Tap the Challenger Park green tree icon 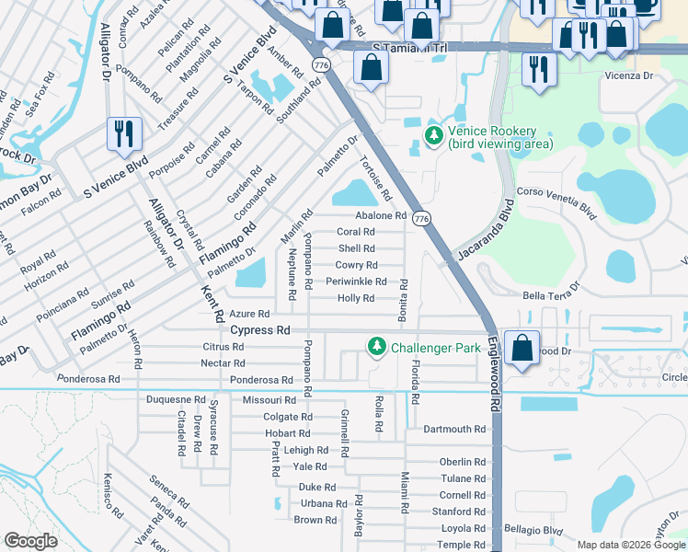376,347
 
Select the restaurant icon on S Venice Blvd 122,134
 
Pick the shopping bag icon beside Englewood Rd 522,349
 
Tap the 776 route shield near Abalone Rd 421,218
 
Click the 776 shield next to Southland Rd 321,65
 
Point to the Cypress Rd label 260,330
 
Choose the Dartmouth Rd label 454,430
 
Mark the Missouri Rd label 269,400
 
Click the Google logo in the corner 31,541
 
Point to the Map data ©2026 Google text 631,545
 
